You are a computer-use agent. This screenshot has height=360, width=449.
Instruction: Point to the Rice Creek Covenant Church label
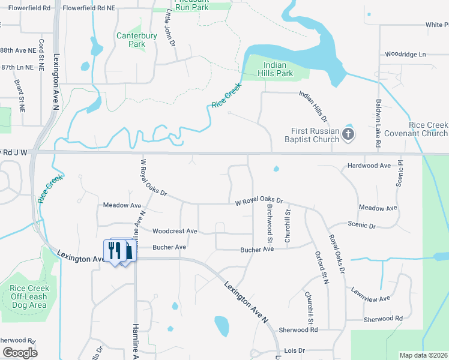pyautogui.click(x=428, y=129)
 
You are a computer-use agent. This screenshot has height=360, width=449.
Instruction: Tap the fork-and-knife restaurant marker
pyautogui.click(x=114, y=250)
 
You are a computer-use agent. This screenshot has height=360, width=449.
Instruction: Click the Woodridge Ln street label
pyautogui.click(x=405, y=54)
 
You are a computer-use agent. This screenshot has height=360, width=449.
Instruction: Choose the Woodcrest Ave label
pyautogui.click(x=175, y=231)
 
